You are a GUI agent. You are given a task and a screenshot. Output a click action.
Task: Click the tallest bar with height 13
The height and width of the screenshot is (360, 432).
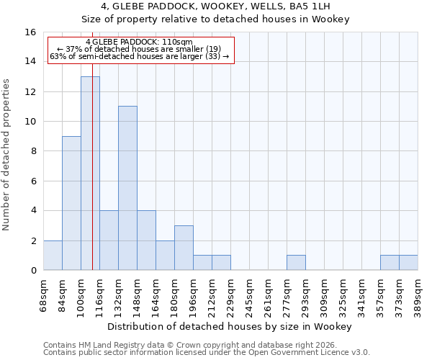click(x=90, y=173)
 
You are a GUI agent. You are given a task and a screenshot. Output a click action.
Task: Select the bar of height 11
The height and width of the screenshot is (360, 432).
click(x=127, y=188)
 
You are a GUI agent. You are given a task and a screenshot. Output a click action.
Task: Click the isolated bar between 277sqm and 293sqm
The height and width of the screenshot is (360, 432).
click(x=296, y=263)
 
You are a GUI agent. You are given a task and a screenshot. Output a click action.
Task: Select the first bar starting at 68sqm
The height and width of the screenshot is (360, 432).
click(x=53, y=256)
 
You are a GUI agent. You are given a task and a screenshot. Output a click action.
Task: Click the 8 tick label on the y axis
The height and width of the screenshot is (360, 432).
click(x=32, y=151)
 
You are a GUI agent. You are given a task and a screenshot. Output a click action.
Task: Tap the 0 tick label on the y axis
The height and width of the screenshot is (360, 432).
click(x=32, y=271)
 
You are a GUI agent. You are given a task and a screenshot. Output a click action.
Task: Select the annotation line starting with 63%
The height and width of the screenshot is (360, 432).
click(x=139, y=56)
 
